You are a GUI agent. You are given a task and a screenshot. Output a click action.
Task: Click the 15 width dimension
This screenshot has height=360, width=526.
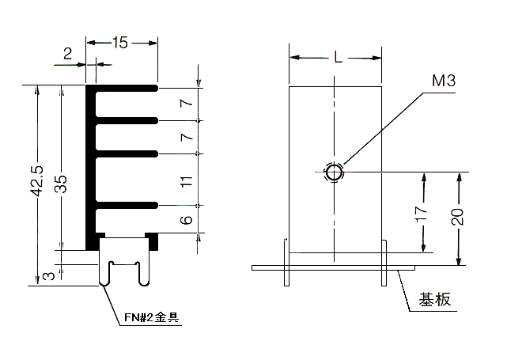120,43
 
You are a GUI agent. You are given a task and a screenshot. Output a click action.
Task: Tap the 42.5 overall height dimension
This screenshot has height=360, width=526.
37,180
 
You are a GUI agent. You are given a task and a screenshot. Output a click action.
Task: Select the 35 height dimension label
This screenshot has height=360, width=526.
61,184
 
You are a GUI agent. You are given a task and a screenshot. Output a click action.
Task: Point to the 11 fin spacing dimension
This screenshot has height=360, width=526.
187,181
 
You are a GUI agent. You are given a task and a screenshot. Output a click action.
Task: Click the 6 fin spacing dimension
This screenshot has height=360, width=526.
187,220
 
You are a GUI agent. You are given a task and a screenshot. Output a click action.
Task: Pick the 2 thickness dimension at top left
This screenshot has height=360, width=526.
67,53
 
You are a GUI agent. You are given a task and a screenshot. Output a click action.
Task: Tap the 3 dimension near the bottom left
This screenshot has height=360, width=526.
49,276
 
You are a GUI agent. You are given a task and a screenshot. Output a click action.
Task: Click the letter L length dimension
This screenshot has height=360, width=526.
339,58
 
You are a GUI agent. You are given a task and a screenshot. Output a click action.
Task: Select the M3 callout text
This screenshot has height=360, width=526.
444,81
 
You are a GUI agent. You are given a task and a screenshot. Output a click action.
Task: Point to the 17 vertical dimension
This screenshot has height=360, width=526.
422,214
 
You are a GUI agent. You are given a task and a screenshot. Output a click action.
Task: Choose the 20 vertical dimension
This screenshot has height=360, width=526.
457,217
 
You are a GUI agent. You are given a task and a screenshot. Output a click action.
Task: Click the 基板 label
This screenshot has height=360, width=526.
435,299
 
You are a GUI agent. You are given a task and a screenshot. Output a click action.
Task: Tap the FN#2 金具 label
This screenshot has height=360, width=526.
152,317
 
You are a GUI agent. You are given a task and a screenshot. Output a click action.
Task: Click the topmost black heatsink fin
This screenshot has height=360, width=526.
124,89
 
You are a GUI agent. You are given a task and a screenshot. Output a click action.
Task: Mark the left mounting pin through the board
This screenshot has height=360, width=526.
286,263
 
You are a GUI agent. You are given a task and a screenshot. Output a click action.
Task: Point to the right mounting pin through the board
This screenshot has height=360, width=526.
384,263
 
